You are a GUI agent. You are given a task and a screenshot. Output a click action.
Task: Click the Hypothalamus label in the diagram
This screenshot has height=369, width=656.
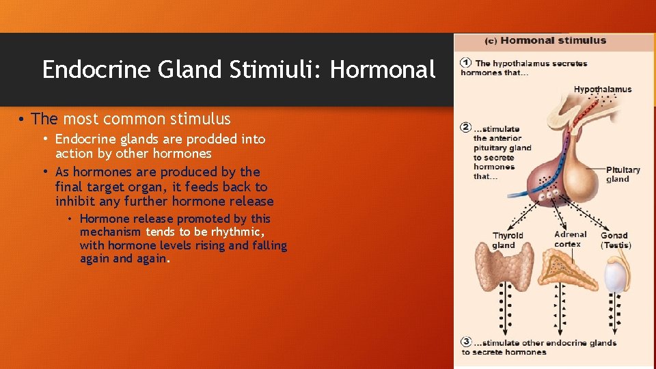pyautogui.click(x=602, y=90)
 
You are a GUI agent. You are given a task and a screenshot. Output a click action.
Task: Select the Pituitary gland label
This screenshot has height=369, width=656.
pyautogui.click(x=623, y=174)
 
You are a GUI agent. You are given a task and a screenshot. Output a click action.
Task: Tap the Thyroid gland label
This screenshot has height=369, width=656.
pyautogui.click(x=508, y=241)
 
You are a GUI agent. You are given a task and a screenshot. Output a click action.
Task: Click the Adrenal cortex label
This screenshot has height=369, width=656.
pyautogui.click(x=570, y=239)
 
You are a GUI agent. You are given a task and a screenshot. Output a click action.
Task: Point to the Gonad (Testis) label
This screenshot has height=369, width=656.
pyautogui.click(x=615, y=241)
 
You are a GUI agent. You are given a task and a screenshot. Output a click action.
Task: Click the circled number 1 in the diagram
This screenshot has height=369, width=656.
pyautogui.click(x=466, y=64)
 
